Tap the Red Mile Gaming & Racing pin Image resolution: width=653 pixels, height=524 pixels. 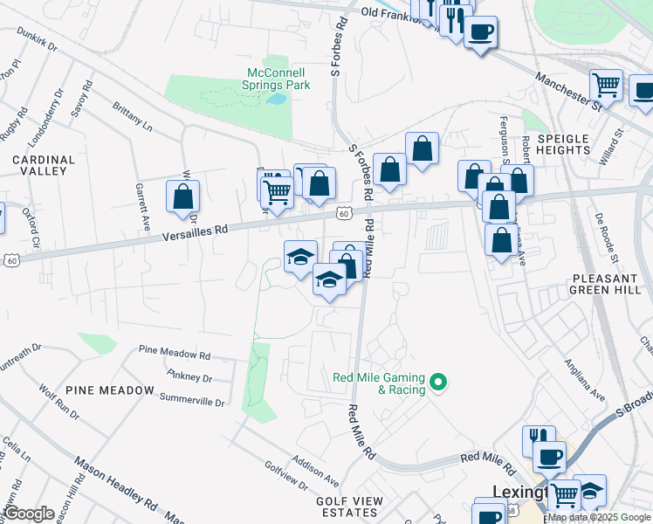tap(441, 382)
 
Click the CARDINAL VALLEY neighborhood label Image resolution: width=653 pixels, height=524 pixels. tap(38, 165)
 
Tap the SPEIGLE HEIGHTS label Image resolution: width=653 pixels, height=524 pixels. tap(564, 144)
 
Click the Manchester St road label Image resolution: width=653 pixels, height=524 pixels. tap(570, 90)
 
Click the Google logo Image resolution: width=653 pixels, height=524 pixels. tap(30, 514)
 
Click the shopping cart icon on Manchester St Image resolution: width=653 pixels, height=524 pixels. tap(606, 86)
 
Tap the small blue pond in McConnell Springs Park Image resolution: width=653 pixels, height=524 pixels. tap(277, 99)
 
